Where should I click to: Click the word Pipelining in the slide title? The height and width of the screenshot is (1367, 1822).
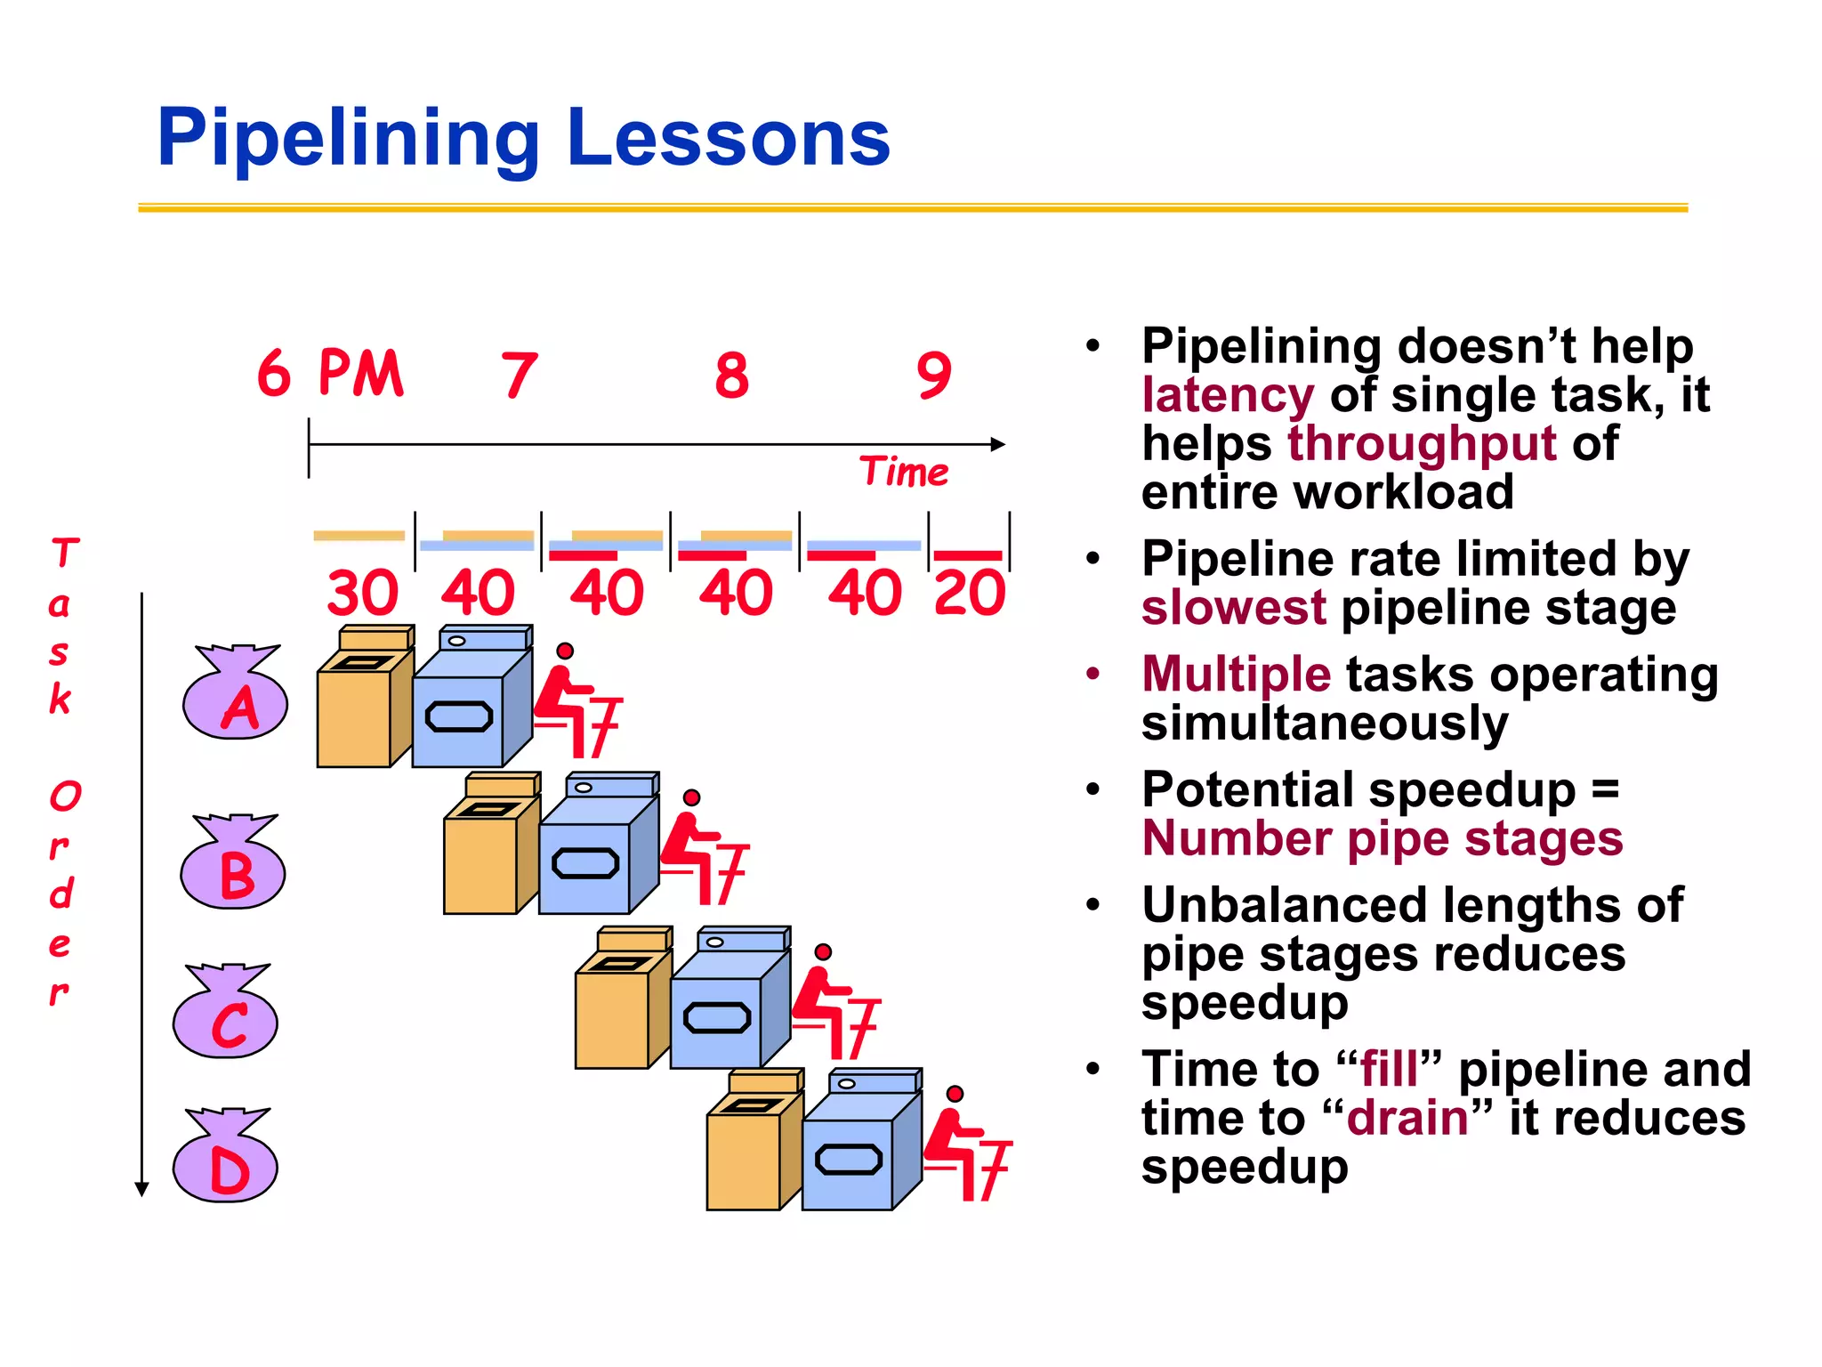point(348,139)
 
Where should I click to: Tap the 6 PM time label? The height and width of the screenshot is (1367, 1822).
point(330,373)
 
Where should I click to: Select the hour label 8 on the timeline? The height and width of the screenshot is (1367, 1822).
point(731,376)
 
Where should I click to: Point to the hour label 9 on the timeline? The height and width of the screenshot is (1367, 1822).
point(934,376)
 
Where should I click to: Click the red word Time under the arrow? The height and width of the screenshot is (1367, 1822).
point(904,472)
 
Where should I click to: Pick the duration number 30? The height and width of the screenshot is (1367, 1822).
point(362,593)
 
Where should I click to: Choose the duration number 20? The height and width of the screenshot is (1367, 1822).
point(970,593)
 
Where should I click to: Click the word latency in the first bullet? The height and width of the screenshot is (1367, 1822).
point(1228,395)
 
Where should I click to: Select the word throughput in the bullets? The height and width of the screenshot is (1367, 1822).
point(1422,443)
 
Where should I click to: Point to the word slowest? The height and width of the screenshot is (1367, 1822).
point(1233,609)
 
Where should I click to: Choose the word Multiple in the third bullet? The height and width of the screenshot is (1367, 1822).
point(1237,674)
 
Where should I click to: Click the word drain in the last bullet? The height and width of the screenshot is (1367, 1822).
point(1407,1119)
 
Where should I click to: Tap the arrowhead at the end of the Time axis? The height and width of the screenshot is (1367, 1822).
point(998,444)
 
